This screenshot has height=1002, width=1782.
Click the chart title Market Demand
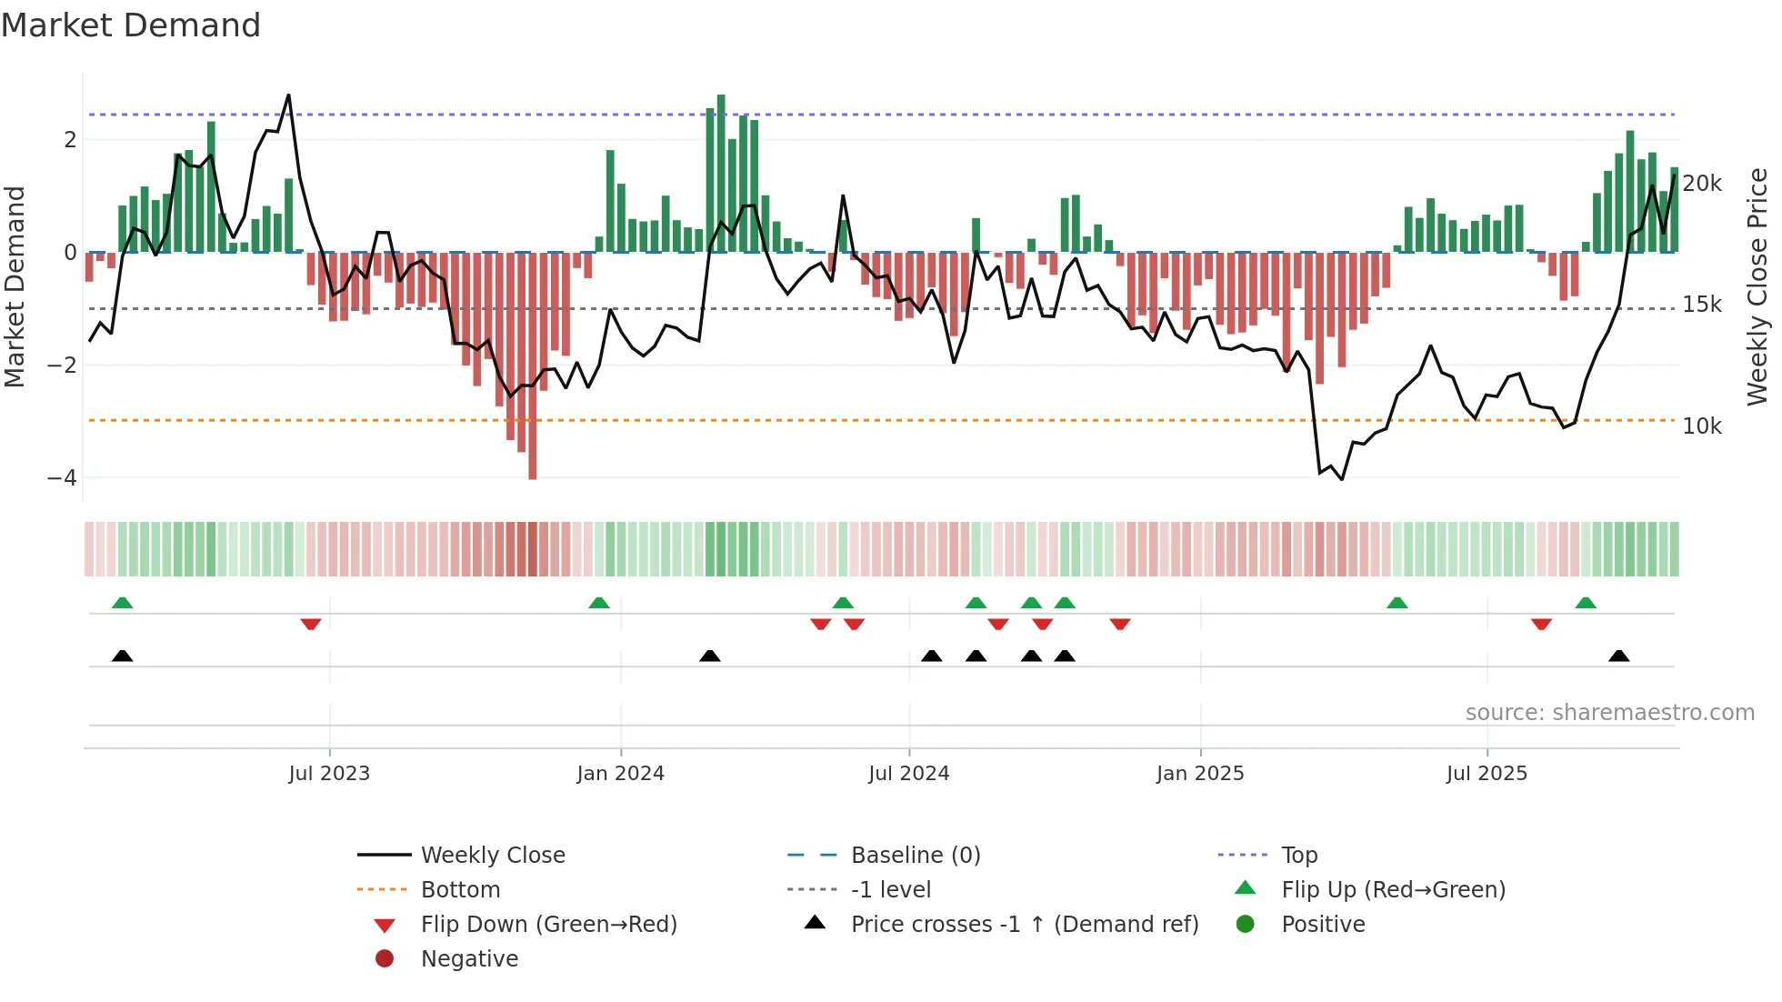pos(131,25)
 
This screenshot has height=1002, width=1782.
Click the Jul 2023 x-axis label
pos(329,774)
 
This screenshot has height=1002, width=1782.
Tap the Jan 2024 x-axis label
pos(620,774)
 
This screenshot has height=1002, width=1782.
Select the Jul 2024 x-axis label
pos(908,774)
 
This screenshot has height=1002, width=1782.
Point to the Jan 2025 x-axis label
pos(1199,774)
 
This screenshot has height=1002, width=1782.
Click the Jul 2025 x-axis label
pos(1487,774)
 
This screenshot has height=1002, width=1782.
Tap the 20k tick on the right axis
pos(1702,184)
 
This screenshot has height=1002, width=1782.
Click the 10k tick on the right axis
pos(1702,426)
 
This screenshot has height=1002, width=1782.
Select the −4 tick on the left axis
pos(62,478)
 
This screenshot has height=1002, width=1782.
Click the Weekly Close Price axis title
pos(1757,286)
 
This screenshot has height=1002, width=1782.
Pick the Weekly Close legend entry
pos(492,856)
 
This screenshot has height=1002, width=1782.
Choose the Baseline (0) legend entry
pos(915,856)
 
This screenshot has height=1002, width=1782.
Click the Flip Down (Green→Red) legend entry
pos(548,925)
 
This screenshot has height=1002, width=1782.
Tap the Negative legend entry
pos(469,959)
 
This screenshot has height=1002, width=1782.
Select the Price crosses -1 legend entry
pos(1024,925)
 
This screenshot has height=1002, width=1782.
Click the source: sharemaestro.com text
pos(1609,713)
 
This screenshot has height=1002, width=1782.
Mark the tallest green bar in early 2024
pos(721,173)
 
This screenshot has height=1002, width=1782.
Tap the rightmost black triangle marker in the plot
pos(1618,656)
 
